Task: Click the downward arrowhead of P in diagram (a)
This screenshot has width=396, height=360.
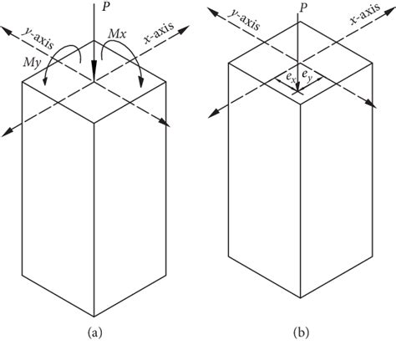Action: click(94, 80)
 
